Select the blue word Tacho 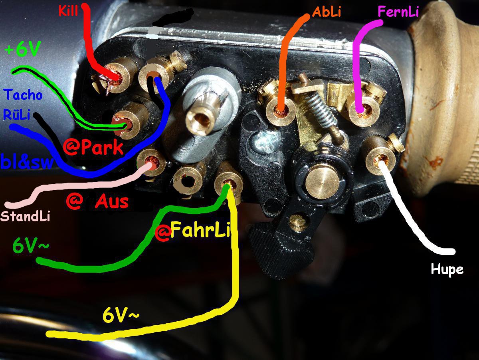[23, 95]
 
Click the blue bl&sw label [26, 162]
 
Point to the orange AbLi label [327, 12]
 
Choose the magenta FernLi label [398, 12]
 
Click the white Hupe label [447, 270]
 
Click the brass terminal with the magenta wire [362, 109]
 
